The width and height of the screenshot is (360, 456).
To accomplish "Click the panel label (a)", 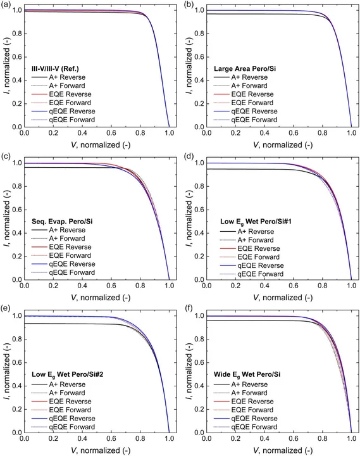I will click(x=7, y=4).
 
